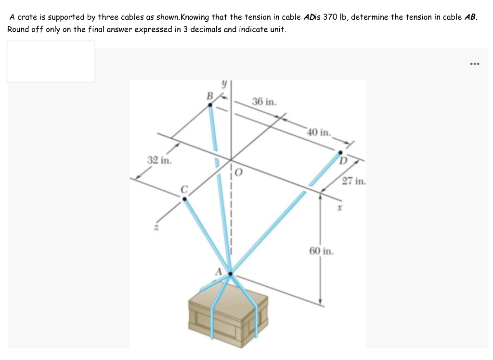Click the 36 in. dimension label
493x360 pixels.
[264, 102]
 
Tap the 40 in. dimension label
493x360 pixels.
[319, 132]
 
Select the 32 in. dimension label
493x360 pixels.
[160, 160]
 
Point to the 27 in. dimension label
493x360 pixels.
[354, 181]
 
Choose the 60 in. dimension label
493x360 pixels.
[321, 251]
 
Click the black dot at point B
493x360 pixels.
[210, 105]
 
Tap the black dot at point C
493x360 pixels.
[184, 199]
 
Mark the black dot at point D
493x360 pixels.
[340, 153]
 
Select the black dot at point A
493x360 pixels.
[231, 274]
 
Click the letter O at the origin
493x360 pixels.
[239, 173]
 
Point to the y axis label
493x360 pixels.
[224, 84]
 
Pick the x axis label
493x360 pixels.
[339, 208]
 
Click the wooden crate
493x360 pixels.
[228, 315]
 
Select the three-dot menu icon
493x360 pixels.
[474, 64]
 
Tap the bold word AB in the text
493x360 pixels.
[470, 17]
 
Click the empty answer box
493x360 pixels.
[51, 62]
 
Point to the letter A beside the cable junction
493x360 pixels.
[218, 272]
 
